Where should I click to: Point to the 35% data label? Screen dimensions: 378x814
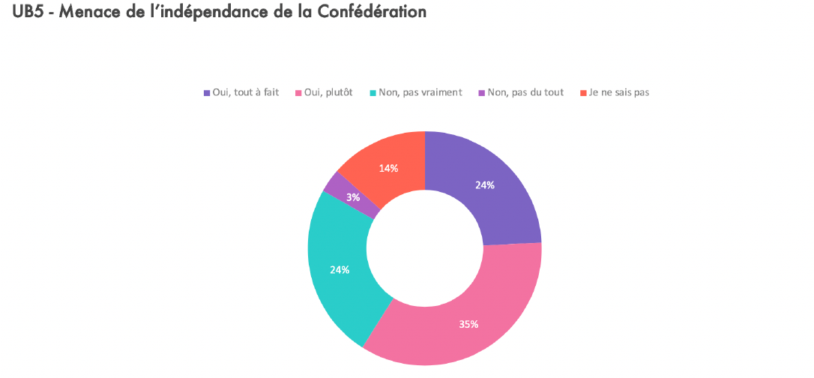point(469,324)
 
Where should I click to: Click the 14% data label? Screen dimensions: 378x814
point(388,168)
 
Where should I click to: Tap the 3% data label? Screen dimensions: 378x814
point(352,198)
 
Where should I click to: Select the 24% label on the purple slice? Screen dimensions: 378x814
point(485,185)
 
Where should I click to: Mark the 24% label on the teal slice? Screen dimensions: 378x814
point(340,269)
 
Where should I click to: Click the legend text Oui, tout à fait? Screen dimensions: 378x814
point(246,92)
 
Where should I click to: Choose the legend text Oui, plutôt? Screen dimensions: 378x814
point(328,92)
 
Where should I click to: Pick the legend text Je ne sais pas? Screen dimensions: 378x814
point(619,92)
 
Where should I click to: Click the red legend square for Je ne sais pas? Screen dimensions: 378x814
point(582,93)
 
